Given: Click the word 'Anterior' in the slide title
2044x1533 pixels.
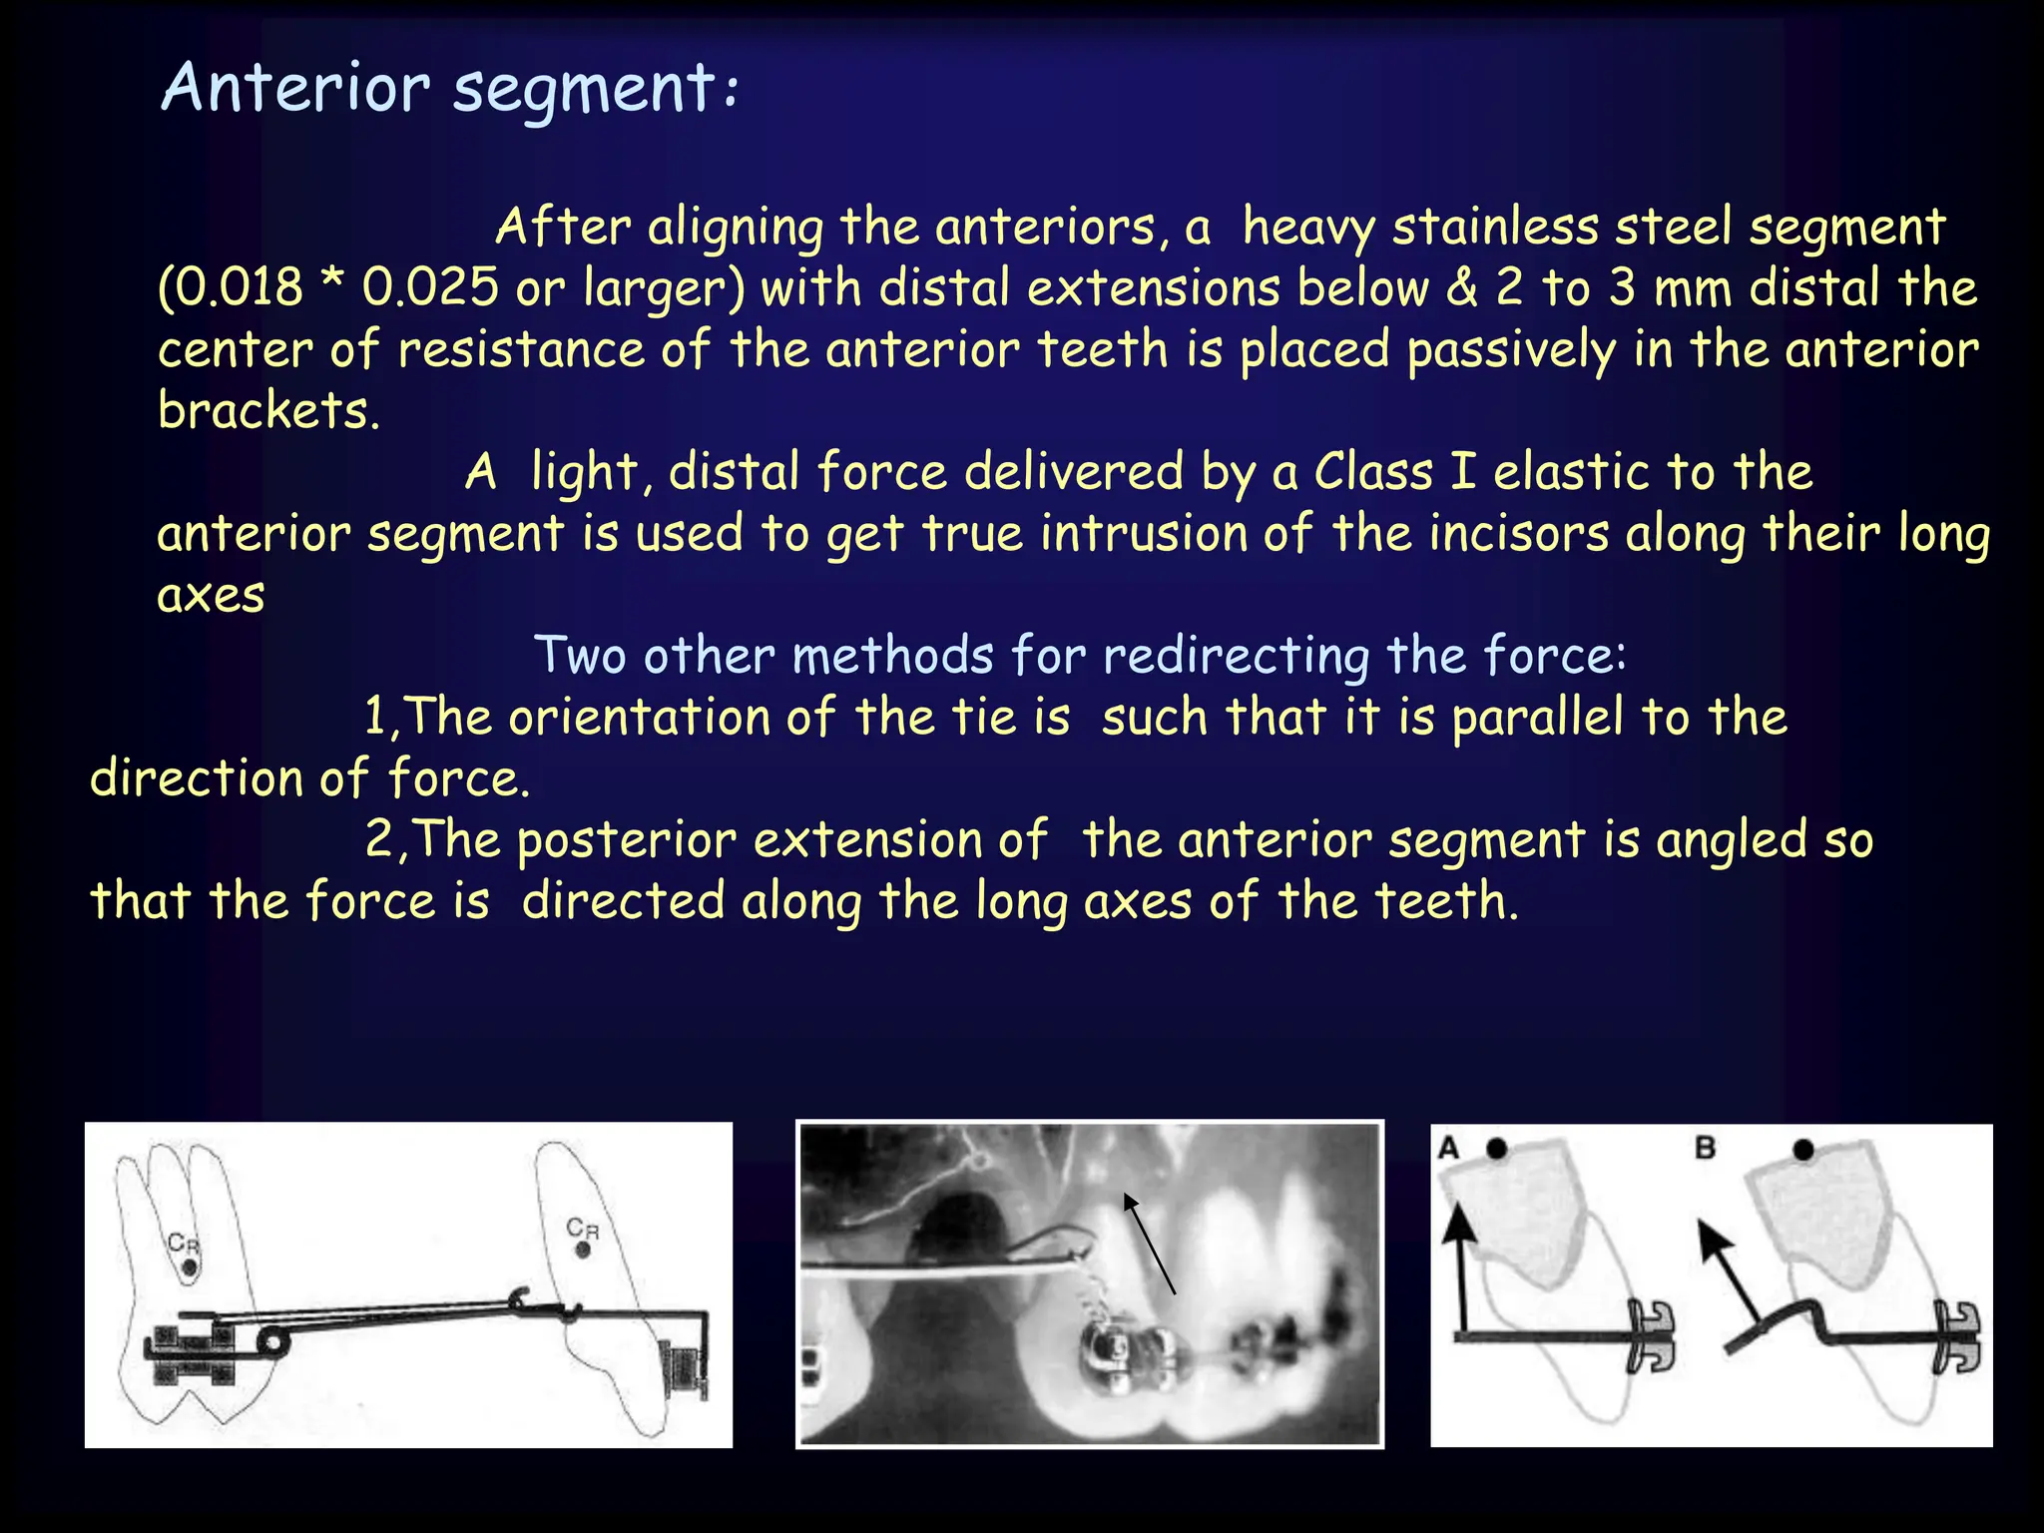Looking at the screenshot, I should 295,88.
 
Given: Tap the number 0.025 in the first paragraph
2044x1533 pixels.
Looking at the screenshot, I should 429,288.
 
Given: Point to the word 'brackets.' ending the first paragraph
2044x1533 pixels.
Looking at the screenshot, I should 268,410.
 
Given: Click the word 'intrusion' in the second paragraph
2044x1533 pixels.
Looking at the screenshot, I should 1143,533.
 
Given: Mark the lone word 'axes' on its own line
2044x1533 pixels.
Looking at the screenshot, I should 211,596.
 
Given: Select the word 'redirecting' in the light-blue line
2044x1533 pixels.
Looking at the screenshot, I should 1237,657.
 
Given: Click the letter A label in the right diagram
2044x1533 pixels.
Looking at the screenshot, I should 1449,1149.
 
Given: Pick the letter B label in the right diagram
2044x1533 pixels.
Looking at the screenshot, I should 1706,1149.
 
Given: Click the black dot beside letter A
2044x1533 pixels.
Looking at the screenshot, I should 1496,1149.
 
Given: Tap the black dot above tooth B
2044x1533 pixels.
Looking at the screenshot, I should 1802,1150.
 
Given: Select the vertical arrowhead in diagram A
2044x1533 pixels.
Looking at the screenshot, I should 1461,1221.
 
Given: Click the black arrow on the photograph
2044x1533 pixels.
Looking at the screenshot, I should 1149,1243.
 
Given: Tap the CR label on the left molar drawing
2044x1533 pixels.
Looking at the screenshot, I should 183,1244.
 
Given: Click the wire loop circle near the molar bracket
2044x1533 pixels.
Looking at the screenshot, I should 270,1341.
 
